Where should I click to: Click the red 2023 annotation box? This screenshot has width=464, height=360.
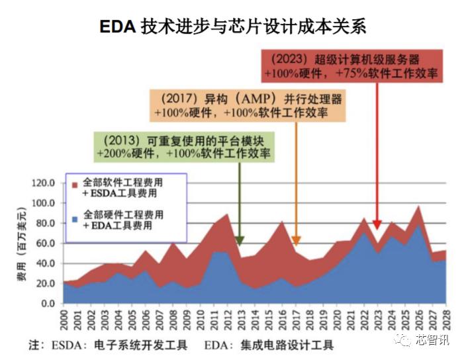(x=351, y=65)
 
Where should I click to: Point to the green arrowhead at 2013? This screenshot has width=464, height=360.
(x=240, y=241)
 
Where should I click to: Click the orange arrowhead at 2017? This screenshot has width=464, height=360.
(x=296, y=241)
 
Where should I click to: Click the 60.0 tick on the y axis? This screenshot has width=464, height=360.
(x=48, y=243)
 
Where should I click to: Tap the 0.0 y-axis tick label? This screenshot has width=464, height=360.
(x=50, y=303)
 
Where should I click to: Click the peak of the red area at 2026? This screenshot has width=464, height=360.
(x=418, y=207)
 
